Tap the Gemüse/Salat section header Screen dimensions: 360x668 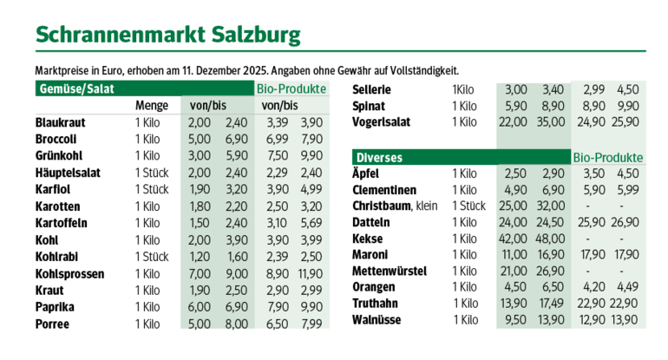point(77,88)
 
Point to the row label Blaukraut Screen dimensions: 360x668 point(61,122)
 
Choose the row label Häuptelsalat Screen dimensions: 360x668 point(69,173)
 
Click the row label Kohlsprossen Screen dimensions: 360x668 point(70,273)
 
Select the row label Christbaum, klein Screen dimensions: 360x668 point(396,206)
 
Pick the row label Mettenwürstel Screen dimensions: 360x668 point(390,271)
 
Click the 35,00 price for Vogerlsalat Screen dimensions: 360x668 point(553,121)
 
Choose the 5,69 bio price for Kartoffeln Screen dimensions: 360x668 point(311,223)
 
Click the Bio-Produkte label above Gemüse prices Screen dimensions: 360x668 point(291,88)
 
